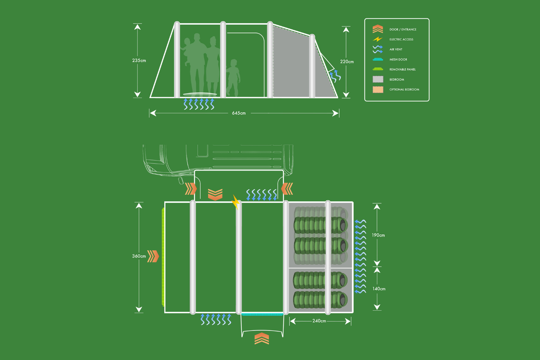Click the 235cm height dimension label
[x=139, y=61]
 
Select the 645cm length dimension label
[x=239, y=113]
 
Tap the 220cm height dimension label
[x=347, y=62]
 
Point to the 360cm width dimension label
[x=139, y=256]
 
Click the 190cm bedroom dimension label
[x=378, y=235]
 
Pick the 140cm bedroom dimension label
[x=379, y=289]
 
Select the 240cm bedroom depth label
[x=319, y=321]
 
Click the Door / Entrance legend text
[x=403, y=29]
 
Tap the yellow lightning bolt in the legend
[x=377, y=39]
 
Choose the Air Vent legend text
[x=396, y=49]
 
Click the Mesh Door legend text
[x=398, y=59]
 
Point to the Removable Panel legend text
[x=402, y=69]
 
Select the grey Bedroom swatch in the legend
[x=378, y=79]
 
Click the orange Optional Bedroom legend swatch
[x=378, y=89]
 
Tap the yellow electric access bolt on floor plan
[x=236, y=202]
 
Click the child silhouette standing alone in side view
[x=233, y=77]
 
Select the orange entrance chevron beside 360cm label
[x=153, y=256]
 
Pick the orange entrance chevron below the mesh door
[x=262, y=338]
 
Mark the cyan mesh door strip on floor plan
[x=262, y=314]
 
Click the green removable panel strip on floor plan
[x=163, y=257]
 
